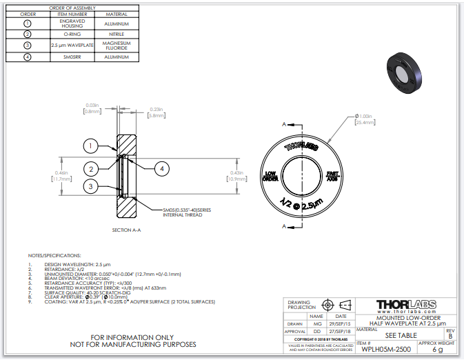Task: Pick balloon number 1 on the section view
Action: pyautogui.click(x=90, y=146)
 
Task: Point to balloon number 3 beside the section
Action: pyautogui.click(x=90, y=186)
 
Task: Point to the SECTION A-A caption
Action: pyautogui.click(x=126, y=229)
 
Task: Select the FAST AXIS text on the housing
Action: pyautogui.click(x=332, y=175)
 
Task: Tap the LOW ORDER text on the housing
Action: pyautogui.click(x=271, y=175)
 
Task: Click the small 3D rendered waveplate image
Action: pyautogui.click(x=407, y=74)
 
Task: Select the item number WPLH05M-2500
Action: pyautogui.click(x=384, y=350)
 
